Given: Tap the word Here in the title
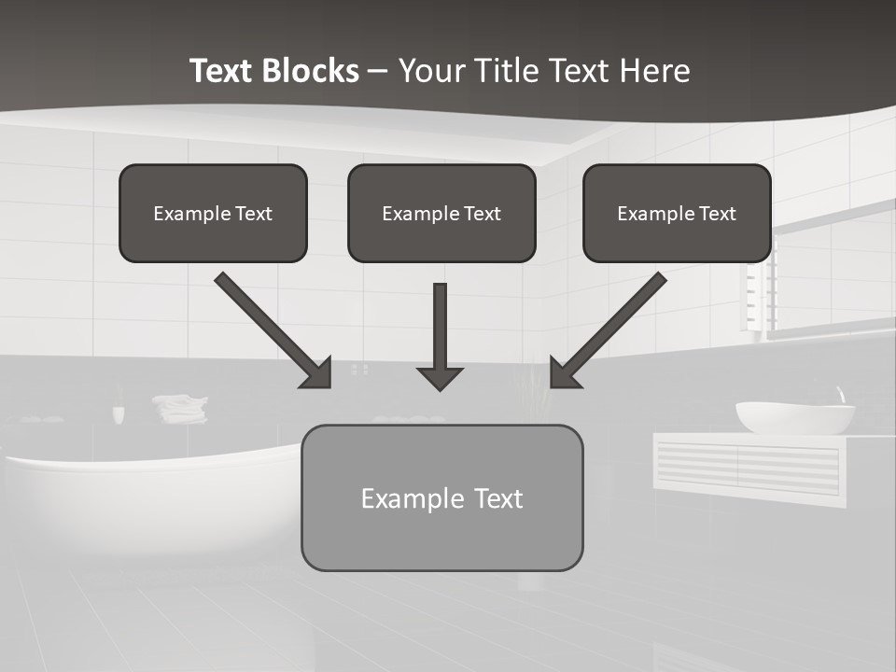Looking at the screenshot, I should coord(655,71).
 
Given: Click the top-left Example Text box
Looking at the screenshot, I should coord(213,214).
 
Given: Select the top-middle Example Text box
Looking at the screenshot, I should coord(441,214).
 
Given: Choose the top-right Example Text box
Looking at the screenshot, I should coord(677,214).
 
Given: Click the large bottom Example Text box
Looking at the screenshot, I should coord(441,497).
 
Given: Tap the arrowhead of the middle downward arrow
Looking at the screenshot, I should coord(440,378).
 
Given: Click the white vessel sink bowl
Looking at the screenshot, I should coord(795,418).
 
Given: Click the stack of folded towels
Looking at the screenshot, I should coord(181,408).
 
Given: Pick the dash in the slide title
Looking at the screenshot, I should coord(378,71).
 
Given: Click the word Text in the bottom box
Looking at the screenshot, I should coord(498,498).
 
